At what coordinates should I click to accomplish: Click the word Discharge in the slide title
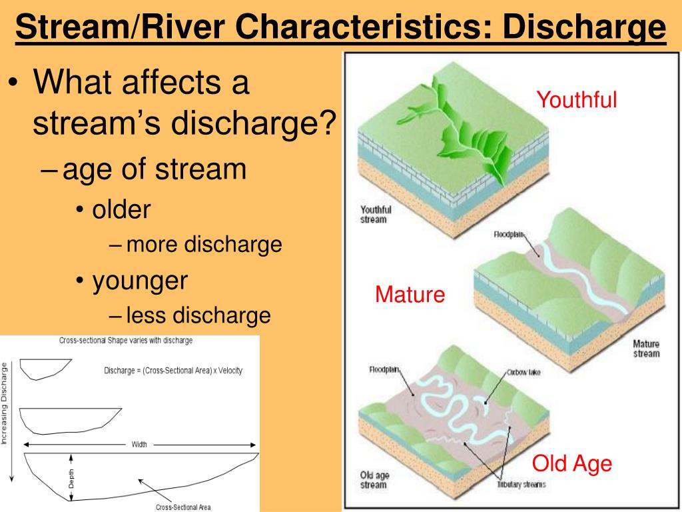point(584,27)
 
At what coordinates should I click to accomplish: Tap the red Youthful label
point(576,100)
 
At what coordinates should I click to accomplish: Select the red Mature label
point(410,294)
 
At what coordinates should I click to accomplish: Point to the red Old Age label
point(572,464)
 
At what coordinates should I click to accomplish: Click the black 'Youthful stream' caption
point(376,214)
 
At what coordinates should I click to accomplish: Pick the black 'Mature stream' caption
point(646,349)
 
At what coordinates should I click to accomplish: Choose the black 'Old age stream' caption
point(374,480)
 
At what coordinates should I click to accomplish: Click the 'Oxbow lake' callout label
point(523,372)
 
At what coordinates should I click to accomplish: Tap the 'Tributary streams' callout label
point(521,484)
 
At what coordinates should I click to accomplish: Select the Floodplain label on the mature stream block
point(508,234)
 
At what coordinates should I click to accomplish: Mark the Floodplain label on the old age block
point(384,369)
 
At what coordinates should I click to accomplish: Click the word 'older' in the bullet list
point(121,209)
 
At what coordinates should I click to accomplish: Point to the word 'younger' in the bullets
point(140,281)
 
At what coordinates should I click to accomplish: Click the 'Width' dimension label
point(139,445)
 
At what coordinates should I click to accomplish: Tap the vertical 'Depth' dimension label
point(71,478)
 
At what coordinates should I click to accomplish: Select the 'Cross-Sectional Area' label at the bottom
point(183,507)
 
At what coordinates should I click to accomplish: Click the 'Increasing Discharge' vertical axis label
point(5,403)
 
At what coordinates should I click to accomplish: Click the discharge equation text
point(173,371)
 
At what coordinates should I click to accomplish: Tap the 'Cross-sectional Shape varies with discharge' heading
point(126,341)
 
